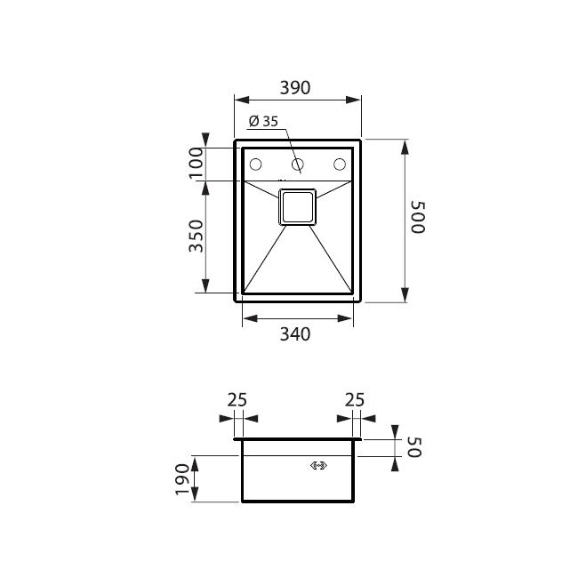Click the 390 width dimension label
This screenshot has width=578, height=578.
coord(295,88)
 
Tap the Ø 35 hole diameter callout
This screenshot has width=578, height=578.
coord(263,121)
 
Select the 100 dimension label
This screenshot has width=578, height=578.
coord(197,163)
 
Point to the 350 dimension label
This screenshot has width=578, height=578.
coord(196,236)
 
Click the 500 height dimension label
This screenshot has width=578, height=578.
coord(418,217)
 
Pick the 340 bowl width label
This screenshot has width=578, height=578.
coord(295,334)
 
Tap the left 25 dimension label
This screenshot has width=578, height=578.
coord(237,400)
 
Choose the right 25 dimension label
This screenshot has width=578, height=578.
coord(354,400)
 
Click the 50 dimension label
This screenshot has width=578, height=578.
coord(414,447)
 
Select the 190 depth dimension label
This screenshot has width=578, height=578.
coord(182,479)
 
